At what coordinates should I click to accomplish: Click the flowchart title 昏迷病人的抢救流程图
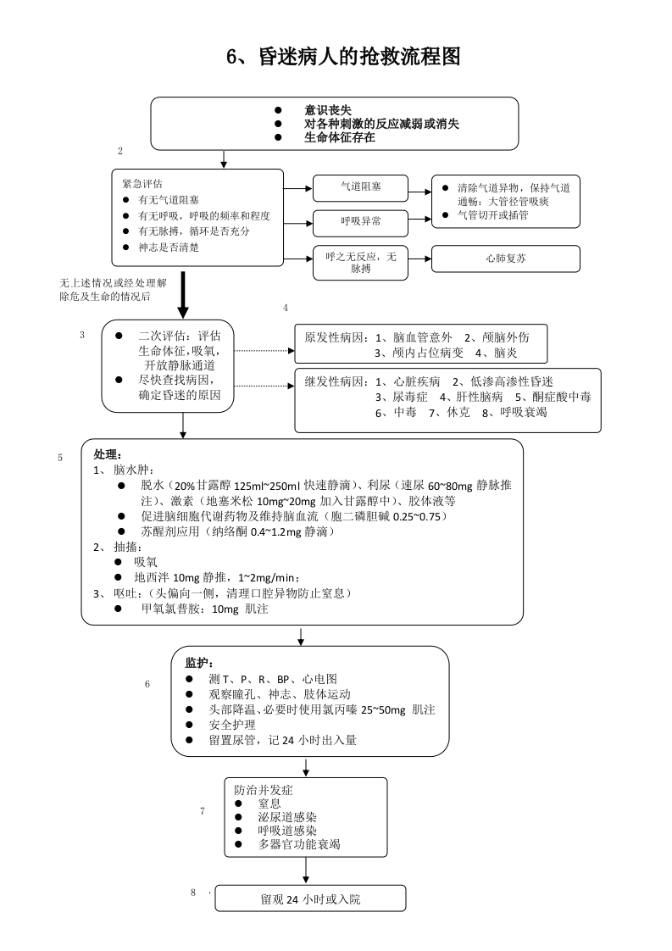[x=343, y=57]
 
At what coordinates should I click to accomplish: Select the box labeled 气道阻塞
[x=360, y=187]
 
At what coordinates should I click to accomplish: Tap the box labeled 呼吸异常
[x=360, y=222]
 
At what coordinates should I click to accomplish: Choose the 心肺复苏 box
[x=505, y=259]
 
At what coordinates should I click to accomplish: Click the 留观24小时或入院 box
[x=310, y=898]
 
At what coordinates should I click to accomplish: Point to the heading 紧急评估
[x=142, y=183]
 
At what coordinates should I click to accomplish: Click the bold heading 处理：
[x=108, y=454]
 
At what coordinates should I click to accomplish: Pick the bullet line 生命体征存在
[x=339, y=137]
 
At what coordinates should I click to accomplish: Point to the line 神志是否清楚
[x=169, y=247]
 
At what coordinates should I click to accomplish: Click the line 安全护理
[x=231, y=725]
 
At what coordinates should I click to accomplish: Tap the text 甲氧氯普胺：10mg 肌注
[x=204, y=609]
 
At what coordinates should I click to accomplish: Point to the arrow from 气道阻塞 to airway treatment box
[x=419, y=187]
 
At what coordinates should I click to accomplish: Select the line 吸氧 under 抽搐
[x=146, y=562]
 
